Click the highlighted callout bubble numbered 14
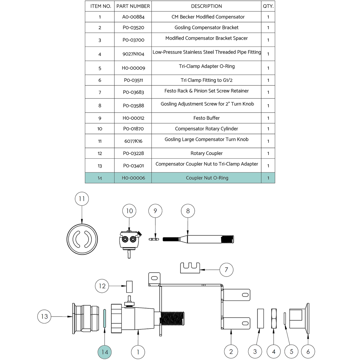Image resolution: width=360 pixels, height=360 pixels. (105, 352)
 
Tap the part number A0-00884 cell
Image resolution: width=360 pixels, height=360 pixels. (133, 17)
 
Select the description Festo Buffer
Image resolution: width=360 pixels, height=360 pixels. (206, 118)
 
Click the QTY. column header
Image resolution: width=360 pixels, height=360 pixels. (268, 6)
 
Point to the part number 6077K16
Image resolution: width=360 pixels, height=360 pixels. (133, 141)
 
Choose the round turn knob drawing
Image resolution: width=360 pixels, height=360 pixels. (82, 239)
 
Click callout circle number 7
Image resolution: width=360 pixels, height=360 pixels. (226, 270)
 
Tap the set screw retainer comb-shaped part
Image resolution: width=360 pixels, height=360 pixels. (190, 268)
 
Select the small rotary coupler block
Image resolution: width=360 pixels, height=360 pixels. (129, 286)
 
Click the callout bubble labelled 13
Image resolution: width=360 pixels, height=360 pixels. (44, 316)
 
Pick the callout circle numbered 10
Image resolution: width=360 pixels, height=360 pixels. (129, 211)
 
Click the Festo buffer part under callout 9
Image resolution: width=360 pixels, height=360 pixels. (154, 239)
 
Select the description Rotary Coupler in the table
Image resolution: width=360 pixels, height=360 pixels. (206, 153)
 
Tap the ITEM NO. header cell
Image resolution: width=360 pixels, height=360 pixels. (100, 6)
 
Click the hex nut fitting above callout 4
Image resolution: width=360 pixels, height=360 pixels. (274, 318)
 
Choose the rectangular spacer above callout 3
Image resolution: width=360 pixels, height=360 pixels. (260, 318)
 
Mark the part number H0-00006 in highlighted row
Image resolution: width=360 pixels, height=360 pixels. (133, 178)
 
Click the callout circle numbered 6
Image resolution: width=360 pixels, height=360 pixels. (308, 352)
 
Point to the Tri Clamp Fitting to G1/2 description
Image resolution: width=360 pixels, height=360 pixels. (206, 80)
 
